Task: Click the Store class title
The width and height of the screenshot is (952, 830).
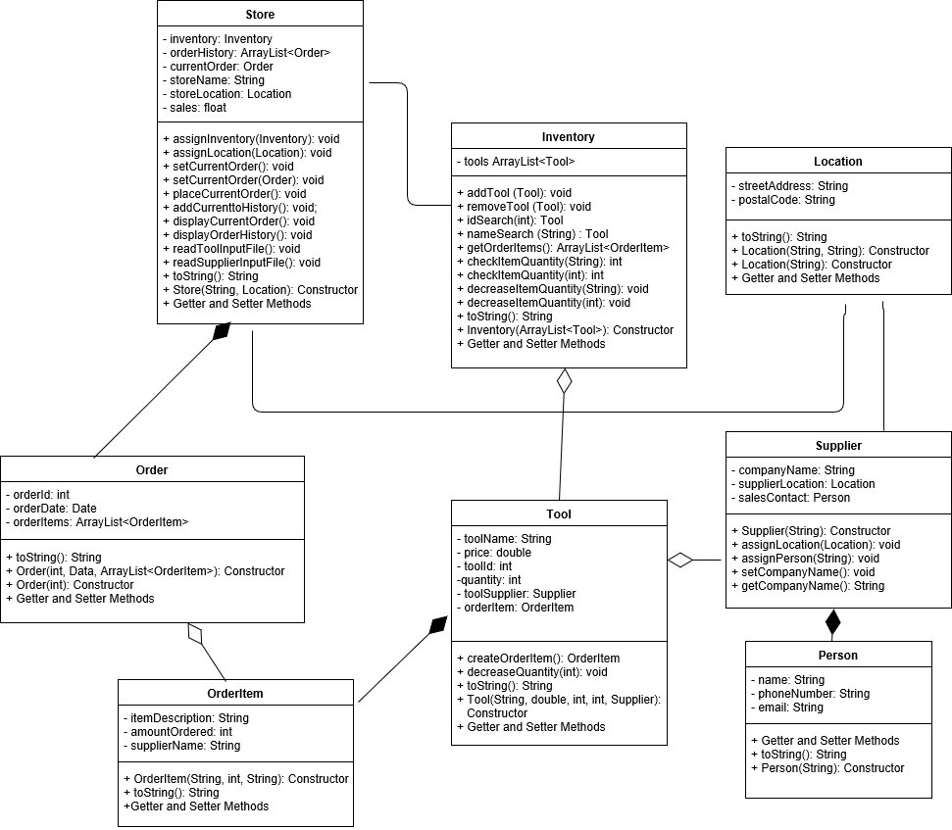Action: click(x=260, y=15)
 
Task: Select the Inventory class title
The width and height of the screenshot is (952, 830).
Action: click(x=568, y=137)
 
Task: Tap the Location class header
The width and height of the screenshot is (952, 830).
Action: click(x=837, y=162)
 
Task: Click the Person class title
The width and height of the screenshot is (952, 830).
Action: click(x=837, y=656)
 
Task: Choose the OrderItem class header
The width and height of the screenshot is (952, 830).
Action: click(x=234, y=694)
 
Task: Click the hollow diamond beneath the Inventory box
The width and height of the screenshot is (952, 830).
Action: click(x=564, y=381)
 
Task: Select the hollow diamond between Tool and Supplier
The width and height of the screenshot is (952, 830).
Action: click(x=680, y=561)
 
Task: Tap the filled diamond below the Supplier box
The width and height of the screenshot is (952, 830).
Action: click(x=833, y=621)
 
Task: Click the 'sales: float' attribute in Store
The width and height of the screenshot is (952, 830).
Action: click(x=195, y=108)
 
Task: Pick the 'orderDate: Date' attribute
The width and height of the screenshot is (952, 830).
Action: click(x=52, y=508)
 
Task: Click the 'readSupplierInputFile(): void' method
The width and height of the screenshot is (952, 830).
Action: click(x=241, y=263)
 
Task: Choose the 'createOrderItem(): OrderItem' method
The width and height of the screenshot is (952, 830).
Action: click(x=538, y=659)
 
